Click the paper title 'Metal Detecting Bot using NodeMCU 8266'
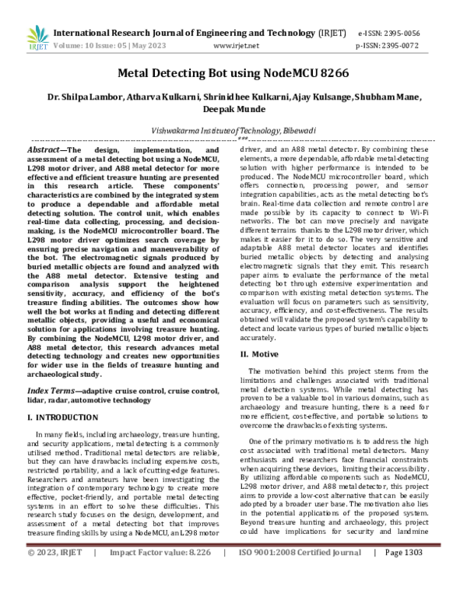(x=233, y=72)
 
